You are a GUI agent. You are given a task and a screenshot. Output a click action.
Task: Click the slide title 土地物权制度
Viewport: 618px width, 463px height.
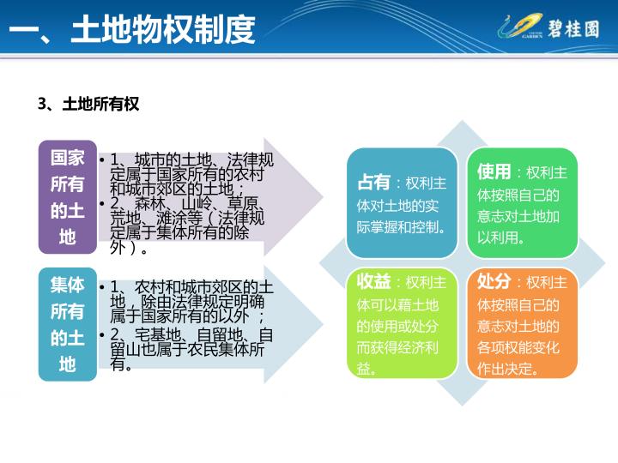[163, 29]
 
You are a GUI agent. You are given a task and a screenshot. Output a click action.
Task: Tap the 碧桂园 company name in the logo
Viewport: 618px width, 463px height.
[573, 29]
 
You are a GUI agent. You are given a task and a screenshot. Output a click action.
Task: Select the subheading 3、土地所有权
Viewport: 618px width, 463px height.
[88, 104]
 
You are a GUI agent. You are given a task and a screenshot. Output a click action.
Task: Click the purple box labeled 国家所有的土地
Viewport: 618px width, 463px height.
[68, 197]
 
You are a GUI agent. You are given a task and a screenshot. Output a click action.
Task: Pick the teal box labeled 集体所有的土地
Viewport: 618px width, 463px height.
[68, 324]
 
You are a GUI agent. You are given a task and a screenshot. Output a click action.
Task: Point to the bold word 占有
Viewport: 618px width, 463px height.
[373, 183]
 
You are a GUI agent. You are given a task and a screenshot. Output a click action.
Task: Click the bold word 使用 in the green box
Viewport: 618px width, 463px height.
[494, 171]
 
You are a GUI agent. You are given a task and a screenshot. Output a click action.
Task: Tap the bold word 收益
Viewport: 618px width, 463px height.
[373, 281]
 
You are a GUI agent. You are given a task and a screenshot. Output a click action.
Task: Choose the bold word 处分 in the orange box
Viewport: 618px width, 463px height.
[494, 281]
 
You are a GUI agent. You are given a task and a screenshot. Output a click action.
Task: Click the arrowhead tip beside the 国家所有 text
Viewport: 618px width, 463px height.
[323, 197]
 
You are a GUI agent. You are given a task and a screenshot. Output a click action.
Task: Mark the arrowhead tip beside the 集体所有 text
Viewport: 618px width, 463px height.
[323, 324]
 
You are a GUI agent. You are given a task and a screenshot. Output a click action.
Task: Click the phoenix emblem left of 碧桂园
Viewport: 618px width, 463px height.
[520, 27]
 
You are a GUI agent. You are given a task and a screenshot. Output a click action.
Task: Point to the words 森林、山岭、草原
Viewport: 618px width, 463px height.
[197, 203]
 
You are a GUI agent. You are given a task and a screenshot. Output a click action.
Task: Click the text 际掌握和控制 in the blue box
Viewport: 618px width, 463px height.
[397, 227]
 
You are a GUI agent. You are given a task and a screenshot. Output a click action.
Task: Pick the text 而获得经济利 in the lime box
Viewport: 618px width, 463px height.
[397, 347]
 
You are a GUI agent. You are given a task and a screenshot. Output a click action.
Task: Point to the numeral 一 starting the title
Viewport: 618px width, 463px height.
[24, 30]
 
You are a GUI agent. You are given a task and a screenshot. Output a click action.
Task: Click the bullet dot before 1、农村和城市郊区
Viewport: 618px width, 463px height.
[102, 287]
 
